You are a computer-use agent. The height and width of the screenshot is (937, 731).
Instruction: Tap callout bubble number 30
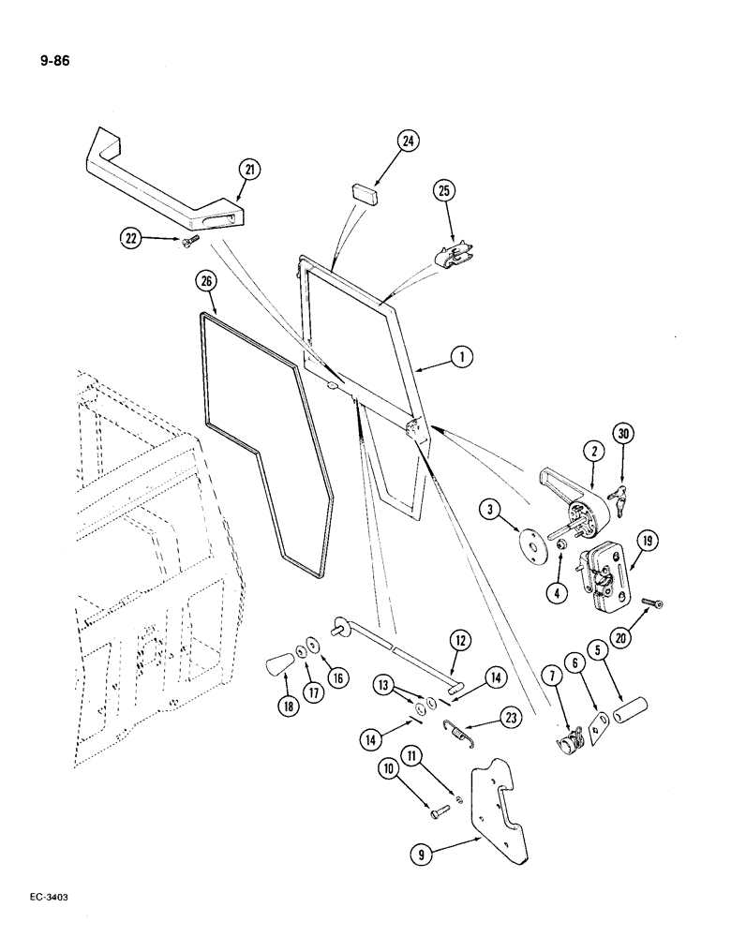pyautogui.click(x=622, y=433)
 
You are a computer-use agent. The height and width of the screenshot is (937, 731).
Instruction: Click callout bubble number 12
pyautogui.click(x=459, y=641)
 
